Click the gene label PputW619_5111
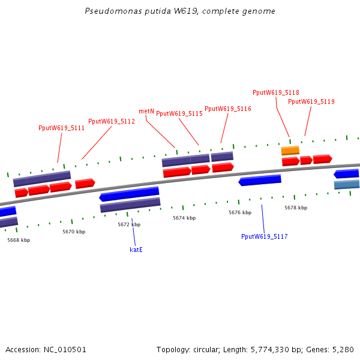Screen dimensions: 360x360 [61, 128]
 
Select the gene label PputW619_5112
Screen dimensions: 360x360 [112, 121]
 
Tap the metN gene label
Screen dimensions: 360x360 [146, 111]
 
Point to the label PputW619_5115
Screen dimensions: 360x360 [179, 113]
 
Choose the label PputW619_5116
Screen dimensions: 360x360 [228, 109]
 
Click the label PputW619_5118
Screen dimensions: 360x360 [276, 92]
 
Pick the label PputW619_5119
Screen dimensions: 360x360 [311, 101]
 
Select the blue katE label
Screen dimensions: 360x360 [136, 249]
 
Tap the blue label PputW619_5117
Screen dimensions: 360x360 [265, 236]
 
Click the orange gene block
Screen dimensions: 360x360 [290, 151]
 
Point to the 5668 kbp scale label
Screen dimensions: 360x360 [19, 240]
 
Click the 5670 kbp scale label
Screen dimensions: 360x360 [74, 232]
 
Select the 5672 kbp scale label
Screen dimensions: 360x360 [129, 224]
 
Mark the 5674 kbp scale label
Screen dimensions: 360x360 [184, 218]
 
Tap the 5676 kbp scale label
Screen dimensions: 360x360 [239, 212]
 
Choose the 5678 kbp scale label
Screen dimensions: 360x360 [296, 208]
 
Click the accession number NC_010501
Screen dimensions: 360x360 [65, 349]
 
